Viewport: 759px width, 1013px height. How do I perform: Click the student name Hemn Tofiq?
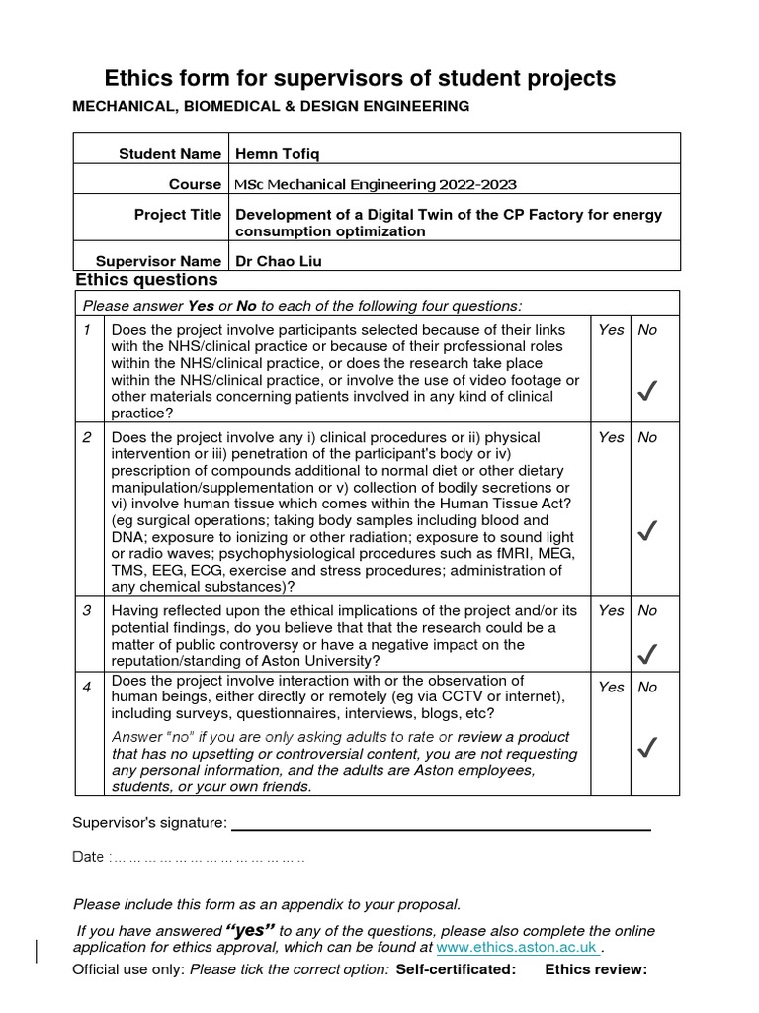[x=277, y=153]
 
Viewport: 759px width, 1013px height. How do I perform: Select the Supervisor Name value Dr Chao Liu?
[x=279, y=261]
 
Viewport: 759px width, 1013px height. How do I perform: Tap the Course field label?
[x=195, y=184]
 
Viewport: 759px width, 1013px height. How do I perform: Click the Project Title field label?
[x=178, y=215]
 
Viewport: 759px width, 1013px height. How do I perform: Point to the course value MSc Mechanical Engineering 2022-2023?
[x=376, y=184]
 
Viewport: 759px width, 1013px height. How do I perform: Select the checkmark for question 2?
[x=647, y=532]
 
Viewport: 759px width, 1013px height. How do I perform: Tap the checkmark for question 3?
[x=647, y=653]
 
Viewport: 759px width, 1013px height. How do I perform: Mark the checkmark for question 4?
[x=647, y=748]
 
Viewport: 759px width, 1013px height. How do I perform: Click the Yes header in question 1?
[x=611, y=330]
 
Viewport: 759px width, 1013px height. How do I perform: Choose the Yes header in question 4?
[x=611, y=687]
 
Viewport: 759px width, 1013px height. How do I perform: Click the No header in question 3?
[x=647, y=610]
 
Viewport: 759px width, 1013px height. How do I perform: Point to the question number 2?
[x=88, y=437]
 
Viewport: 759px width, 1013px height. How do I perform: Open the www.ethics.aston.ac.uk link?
[x=518, y=947]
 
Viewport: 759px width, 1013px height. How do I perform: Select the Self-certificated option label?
[x=456, y=969]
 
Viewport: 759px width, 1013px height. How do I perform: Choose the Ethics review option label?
[x=596, y=969]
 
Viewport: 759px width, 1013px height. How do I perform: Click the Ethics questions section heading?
[x=146, y=280]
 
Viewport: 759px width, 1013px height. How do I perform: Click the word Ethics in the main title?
[x=139, y=79]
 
